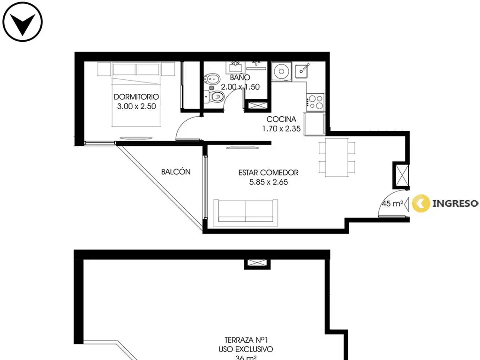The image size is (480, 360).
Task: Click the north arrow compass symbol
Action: [22, 22]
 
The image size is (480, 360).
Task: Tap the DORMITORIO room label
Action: [136, 97]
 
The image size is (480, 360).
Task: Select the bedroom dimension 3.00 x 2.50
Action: [136, 106]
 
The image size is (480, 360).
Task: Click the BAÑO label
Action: [240, 77]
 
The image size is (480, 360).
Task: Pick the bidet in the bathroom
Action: [212, 79]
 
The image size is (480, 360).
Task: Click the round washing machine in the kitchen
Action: [281, 72]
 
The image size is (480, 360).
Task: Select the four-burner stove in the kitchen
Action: [315, 102]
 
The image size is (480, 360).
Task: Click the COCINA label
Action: [281, 119]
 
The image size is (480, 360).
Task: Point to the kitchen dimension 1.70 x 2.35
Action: [281, 128]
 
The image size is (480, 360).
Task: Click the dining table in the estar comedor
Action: [337, 157]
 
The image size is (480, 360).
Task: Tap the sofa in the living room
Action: [246, 212]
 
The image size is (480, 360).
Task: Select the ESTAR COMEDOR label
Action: [269, 172]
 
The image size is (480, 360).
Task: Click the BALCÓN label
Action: [176, 172]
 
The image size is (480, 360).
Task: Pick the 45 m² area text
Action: [392, 203]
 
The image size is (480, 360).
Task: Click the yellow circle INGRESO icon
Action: [421, 203]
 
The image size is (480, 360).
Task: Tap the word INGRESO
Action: [455, 203]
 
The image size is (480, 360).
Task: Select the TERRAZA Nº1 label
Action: [246, 340]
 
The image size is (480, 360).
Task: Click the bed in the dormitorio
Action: [136, 95]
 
